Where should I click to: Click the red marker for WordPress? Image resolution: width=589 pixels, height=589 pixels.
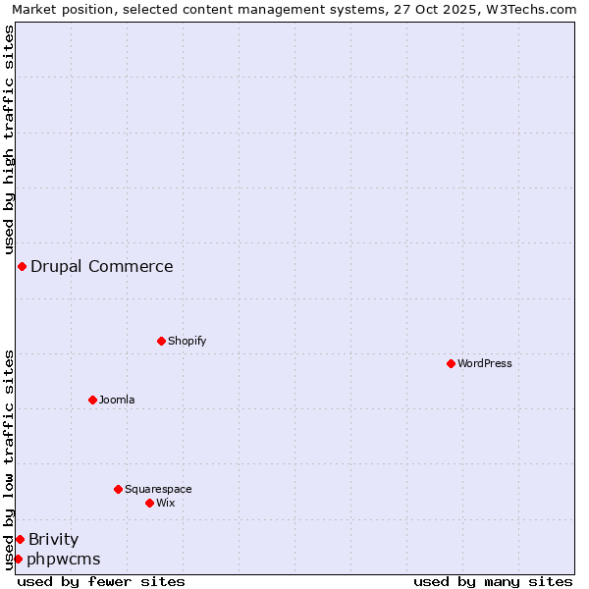[x=451, y=363]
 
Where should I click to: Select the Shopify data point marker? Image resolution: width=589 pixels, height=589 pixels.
[x=161, y=341]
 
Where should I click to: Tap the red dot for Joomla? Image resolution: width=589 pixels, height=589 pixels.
[x=92, y=400]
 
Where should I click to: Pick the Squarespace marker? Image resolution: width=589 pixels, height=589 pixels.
[x=118, y=489]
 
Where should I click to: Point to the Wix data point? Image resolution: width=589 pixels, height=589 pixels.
[x=149, y=503]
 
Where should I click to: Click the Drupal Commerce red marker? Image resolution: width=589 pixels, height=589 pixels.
[x=22, y=266]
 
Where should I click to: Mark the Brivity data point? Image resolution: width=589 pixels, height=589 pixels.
[x=20, y=539]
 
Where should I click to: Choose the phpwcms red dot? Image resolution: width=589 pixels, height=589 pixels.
[x=18, y=559]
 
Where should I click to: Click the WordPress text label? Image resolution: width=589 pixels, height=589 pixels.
[x=485, y=363]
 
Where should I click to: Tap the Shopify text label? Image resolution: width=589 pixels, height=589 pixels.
[x=187, y=341]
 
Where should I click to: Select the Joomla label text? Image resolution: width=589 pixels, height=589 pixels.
[x=117, y=400]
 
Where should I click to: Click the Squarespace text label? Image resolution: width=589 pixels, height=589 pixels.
[x=158, y=489]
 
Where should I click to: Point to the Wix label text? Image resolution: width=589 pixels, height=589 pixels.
[x=166, y=503]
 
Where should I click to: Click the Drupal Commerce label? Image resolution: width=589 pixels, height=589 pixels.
[x=102, y=266]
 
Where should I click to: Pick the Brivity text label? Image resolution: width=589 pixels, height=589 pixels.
[x=54, y=539]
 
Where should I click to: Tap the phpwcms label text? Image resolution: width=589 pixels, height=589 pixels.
[x=64, y=559]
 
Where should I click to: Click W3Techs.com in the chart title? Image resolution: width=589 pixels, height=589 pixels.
[x=536, y=9]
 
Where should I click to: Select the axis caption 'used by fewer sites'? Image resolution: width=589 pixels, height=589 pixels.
[x=101, y=581]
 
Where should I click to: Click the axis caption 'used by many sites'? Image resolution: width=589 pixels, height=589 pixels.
[x=493, y=581]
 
